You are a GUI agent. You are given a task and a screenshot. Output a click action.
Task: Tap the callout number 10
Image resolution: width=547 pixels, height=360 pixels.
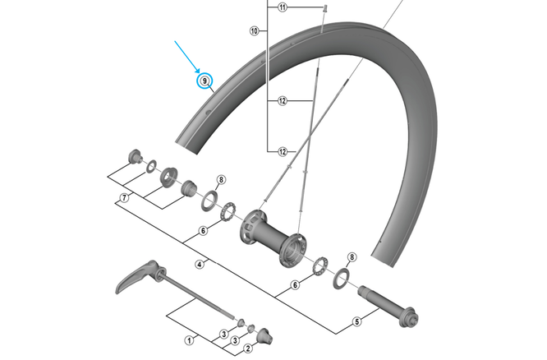tap(255, 31)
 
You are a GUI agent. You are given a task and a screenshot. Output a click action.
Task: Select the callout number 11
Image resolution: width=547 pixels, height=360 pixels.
tap(282, 7)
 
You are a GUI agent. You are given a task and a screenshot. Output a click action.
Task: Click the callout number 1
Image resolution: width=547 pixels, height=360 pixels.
tap(190, 339)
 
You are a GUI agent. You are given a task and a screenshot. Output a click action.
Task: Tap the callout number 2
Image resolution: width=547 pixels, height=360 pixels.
tap(246, 349)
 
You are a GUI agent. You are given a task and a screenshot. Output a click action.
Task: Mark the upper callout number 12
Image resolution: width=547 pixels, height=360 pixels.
tap(282, 102)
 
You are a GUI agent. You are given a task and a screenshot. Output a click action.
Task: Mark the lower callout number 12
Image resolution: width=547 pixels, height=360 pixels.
tap(282, 152)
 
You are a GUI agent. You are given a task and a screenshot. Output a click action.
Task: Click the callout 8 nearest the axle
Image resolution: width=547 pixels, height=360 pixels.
tap(352, 257)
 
